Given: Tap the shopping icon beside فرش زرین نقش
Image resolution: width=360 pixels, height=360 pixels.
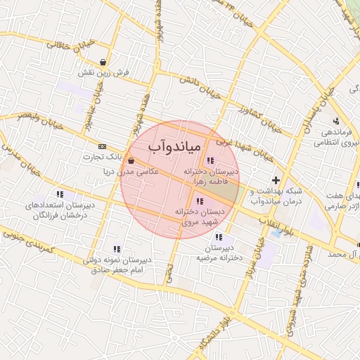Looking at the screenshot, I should pos(104,62).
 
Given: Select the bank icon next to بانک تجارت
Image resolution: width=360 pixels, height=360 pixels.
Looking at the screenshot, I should pos(103,146).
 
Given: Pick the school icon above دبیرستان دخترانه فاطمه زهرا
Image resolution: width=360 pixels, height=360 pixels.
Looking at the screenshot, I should pos(210,161).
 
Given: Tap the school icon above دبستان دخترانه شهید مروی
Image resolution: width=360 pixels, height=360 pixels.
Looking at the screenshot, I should pos(200,202).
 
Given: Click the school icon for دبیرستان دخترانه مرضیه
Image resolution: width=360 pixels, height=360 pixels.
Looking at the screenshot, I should pos(220,237).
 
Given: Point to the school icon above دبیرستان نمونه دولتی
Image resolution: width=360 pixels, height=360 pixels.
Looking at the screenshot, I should pos(117,249).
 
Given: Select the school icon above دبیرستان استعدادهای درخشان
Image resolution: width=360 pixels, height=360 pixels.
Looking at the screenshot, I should pos(60,194).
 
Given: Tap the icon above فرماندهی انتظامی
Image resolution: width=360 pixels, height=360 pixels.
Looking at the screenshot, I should pos(336,121).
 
